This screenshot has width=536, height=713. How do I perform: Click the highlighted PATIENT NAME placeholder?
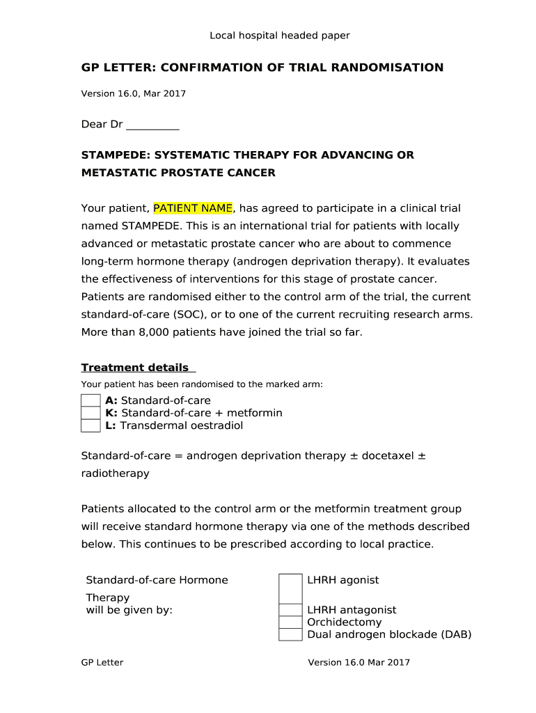193,208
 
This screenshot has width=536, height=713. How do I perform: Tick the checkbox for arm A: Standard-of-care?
90,400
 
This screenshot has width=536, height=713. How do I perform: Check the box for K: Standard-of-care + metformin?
90,413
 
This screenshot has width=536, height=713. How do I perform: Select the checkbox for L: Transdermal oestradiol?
90,425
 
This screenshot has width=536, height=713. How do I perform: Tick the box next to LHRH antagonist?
290,610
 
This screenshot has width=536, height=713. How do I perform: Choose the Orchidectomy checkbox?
290,622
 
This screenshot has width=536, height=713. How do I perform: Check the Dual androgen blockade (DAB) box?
290,634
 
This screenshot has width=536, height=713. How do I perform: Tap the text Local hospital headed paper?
280,36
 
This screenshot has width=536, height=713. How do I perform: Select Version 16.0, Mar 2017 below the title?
134,93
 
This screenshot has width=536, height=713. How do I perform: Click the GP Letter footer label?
102,662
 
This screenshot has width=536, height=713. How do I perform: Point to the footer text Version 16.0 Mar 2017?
359,662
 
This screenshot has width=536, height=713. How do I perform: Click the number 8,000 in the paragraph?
141,332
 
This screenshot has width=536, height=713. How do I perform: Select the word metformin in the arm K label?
255,413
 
